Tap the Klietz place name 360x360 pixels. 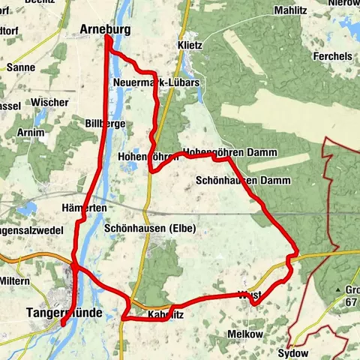tap(190, 45)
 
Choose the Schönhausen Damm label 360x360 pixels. tap(232, 181)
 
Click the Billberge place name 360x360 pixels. tap(105, 123)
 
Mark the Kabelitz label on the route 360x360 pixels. tap(166, 315)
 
